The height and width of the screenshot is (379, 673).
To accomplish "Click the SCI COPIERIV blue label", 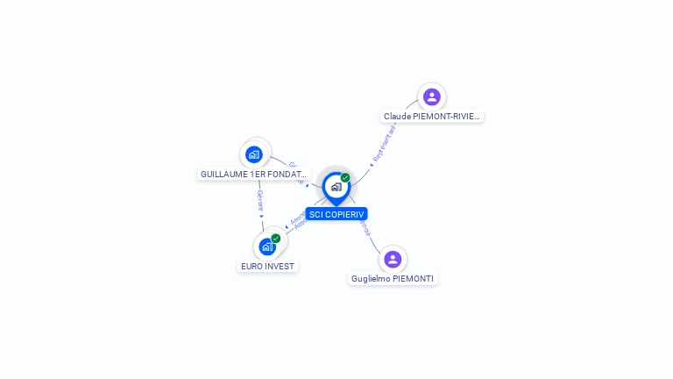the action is pos(336,214).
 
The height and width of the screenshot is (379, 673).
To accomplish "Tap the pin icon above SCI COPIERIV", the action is pos(336,187).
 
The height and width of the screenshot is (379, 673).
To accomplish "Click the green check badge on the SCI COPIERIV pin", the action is pos(345,178).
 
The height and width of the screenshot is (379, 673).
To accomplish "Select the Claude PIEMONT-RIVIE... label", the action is pos(432,116).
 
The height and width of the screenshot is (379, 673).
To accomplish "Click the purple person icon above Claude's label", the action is pos(431,97).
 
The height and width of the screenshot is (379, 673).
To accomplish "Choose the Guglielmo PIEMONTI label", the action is pos(392,278).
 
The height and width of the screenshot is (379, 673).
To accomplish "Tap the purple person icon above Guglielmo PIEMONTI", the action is pos(393,259).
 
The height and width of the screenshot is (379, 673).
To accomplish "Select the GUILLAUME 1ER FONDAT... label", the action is pos(254,174).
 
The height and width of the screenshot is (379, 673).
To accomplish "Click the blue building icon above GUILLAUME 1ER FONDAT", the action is pos(254,154).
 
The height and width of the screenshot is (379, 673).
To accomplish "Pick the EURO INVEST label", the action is pos(267,266).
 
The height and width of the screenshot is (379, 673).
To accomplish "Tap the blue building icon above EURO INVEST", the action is pos(267,247).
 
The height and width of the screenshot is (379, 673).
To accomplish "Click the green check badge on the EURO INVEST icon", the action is pos(276,239).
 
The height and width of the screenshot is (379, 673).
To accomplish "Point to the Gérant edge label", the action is pos(259,201).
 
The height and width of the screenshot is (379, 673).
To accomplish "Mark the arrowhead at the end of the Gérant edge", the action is pos(261,216).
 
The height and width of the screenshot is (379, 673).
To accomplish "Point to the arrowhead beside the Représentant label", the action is pos(372,164).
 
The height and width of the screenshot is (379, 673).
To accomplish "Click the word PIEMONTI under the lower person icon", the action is pos(413,278).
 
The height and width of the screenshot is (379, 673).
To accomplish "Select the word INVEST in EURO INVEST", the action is pos(280,266).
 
